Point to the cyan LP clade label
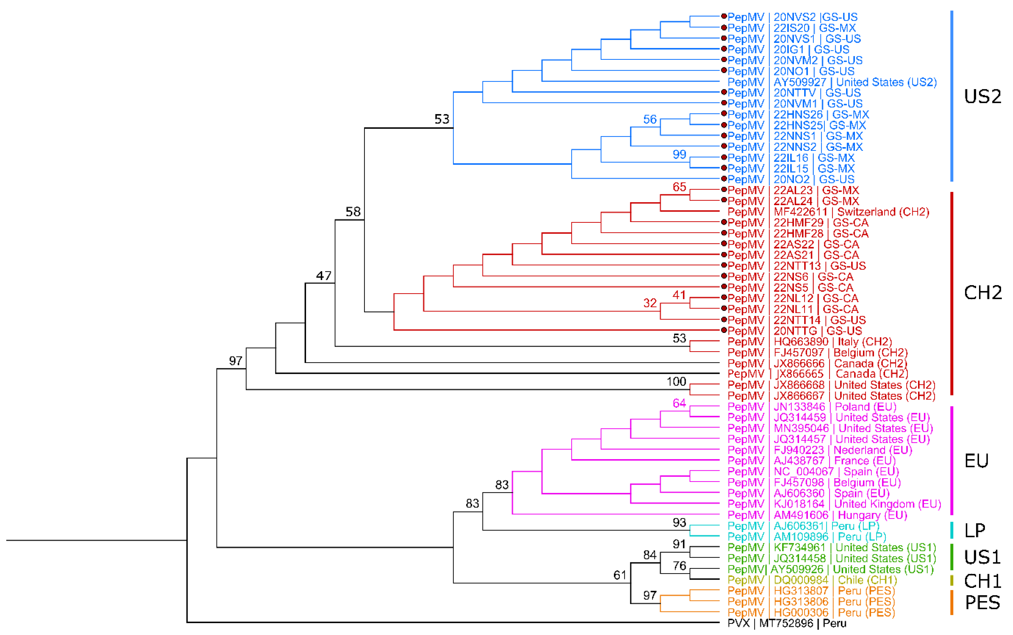point(974,530)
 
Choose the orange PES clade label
point(982,603)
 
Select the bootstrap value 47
point(323,276)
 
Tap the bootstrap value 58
point(353,212)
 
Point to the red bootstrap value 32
point(650,303)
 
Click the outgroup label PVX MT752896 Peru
point(786,623)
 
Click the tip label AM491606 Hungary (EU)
point(817,515)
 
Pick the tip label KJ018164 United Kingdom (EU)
point(834,504)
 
